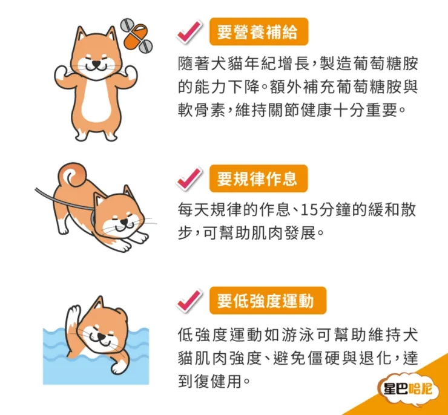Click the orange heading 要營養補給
click(x=259, y=31)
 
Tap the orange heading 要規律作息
click(x=259, y=178)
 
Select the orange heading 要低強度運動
click(x=268, y=301)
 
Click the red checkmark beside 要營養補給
click(x=189, y=31)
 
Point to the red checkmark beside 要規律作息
click(x=189, y=178)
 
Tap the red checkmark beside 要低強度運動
click(x=189, y=301)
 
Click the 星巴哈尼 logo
click(x=407, y=389)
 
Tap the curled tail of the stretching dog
click(x=73, y=174)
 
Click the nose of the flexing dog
click(x=97, y=63)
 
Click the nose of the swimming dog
click(x=102, y=337)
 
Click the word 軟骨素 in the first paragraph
click(x=202, y=110)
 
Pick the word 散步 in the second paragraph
click(x=297, y=221)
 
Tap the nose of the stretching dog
click(x=124, y=221)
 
